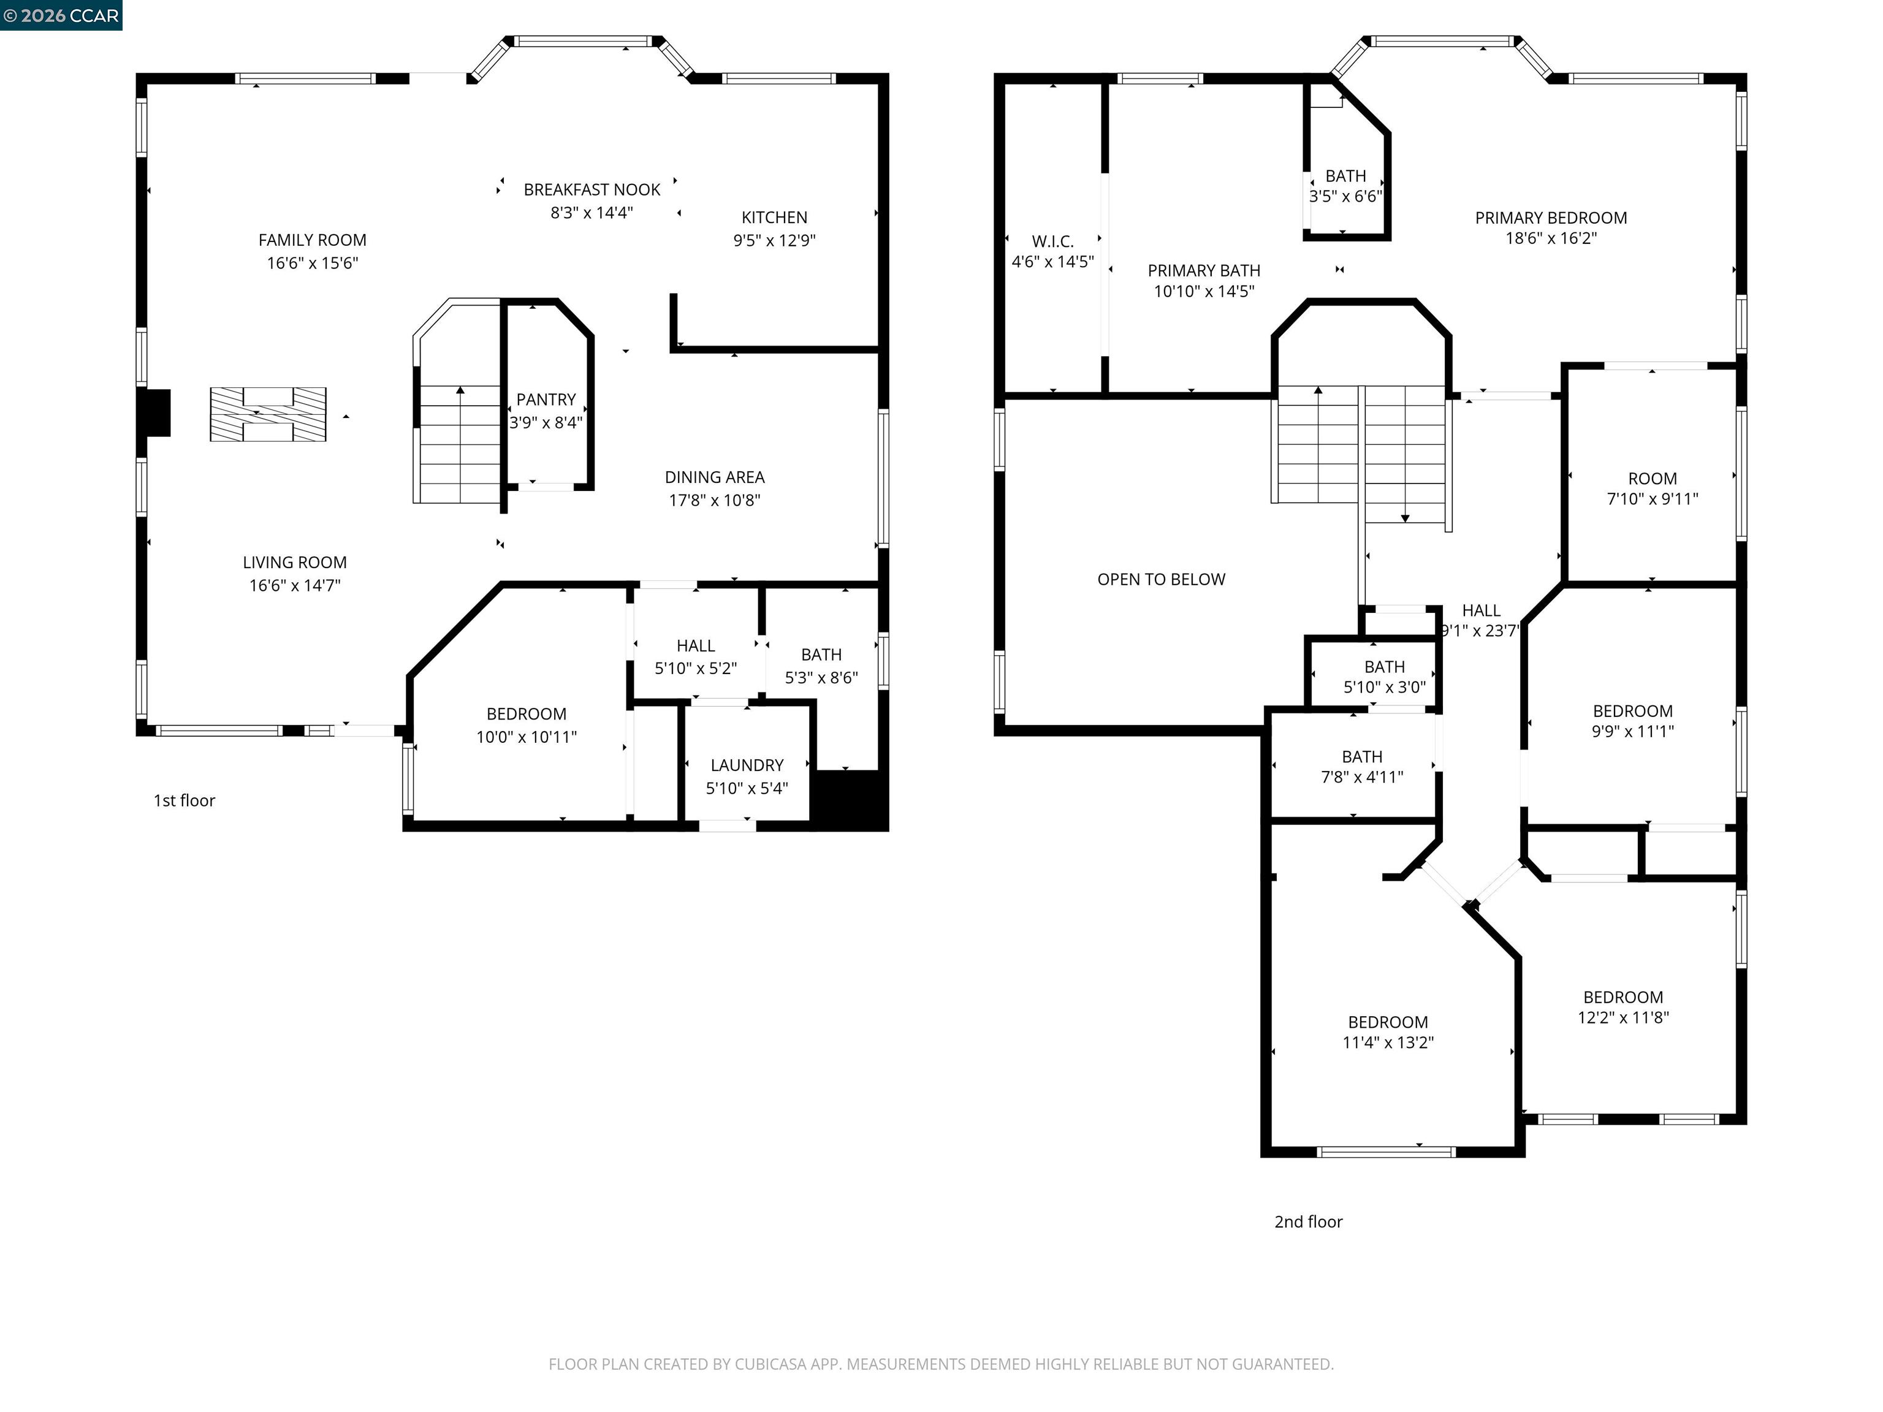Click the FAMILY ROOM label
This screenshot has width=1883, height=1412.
tap(313, 240)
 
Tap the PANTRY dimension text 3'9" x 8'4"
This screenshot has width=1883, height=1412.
tap(546, 422)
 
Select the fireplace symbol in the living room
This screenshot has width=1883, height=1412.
tap(268, 414)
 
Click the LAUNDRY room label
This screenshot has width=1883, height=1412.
tap(747, 765)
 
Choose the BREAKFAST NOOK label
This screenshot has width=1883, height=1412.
tap(592, 190)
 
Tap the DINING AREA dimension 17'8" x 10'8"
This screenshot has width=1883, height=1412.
tap(714, 501)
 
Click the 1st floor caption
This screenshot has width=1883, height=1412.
tap(184, 800)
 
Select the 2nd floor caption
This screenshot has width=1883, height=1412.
tap(1307, 1221)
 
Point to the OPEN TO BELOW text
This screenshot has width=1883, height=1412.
tap(1161, 580)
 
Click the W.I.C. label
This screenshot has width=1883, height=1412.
tap(1052, 241)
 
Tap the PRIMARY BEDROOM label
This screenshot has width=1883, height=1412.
tap(1550, 218)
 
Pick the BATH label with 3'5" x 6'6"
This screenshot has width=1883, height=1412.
tap(1345, 176)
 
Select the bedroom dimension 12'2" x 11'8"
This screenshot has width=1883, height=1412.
tap(1622, 1017)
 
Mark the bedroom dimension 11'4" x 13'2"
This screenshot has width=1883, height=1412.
tap(1388, 1042)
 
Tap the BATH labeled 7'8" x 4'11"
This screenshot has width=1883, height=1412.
tap(1361, 757)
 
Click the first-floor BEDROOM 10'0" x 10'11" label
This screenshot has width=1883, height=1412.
tap(526, 714)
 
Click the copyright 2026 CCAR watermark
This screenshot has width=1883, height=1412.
tap(61, 15)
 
